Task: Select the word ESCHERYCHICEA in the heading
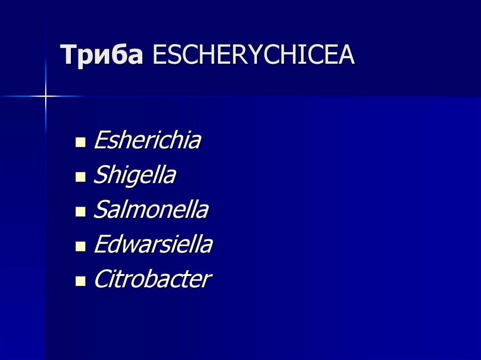pyautogui.click(x=254, y=56)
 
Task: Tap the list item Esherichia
pyautogui.click(x=147, y=140)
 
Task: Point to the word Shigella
pyautogui.click(x=135, y=176)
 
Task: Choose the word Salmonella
pyautogui.click(x=151, y=210)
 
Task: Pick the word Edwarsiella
pyautogui.click(x=153, y=245)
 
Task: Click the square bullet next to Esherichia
pyautogui.click(x=80, y=142)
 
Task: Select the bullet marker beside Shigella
pyautogui.click(x=80, y=176)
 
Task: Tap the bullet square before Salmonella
pyautogui.click(x=80, y=211)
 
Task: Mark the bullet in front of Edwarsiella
pyautogui.click(x=80, y=246)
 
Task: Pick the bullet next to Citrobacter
pyautogui.click(x=80, y=281)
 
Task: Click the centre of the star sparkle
pyautogui.click(x=46, y=96)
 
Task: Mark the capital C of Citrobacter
pyautogui.click(x=101, y=279)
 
